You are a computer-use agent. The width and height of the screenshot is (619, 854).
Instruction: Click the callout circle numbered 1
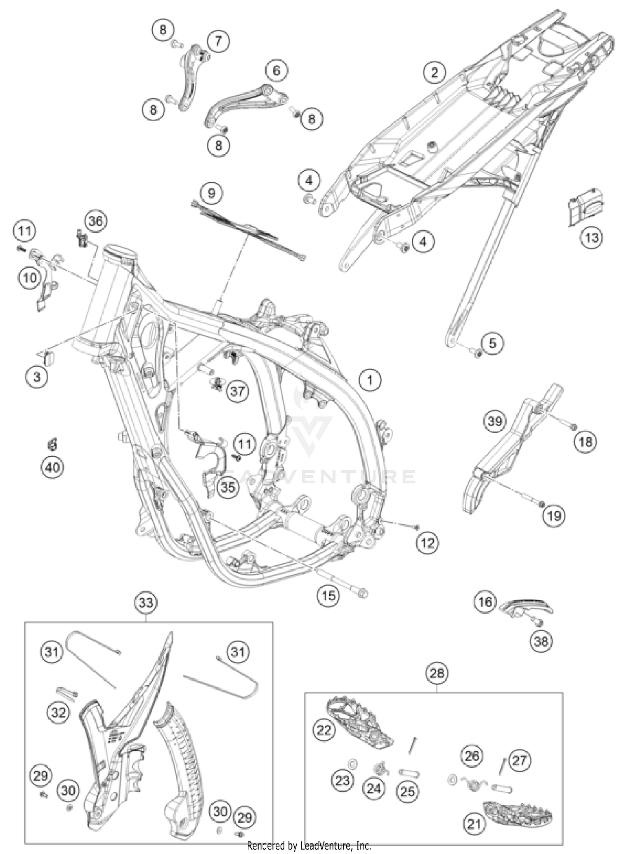point(370,380)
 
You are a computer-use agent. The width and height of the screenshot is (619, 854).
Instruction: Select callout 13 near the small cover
point(591,237)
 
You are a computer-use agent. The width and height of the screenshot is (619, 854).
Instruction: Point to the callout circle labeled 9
point(211,193)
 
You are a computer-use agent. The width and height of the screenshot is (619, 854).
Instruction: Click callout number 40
point(52,467)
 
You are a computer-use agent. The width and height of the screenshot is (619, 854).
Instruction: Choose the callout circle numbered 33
point(146,603)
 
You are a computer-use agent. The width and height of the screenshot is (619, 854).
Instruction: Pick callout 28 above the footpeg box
point(437,674)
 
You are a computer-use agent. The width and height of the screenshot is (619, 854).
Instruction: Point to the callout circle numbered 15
point(328,595)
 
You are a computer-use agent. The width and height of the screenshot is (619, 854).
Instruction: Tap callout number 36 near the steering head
point(96,221)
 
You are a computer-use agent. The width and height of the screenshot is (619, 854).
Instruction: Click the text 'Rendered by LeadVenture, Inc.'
point(309,846)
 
